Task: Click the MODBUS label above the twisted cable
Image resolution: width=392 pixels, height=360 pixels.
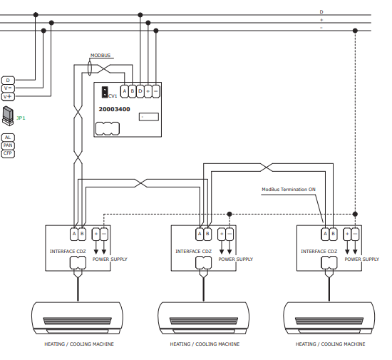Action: (100, 56)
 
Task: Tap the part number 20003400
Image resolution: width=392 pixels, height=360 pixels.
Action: (114, 109)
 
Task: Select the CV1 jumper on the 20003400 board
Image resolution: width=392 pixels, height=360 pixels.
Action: (105, 92)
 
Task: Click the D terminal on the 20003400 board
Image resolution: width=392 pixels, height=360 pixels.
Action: (140, 91)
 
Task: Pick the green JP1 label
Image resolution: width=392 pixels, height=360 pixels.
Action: (21, 118)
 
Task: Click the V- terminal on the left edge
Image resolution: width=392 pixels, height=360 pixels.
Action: (8, 88)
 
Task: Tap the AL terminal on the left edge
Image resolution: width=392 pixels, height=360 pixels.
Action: (8, 138)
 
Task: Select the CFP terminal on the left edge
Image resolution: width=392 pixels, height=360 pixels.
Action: (8, 153)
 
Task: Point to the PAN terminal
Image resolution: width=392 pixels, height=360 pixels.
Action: (8, 145)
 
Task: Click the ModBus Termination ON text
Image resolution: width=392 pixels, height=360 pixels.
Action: (289, 190)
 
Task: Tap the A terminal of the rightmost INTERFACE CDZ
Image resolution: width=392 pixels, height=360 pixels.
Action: (325, 234)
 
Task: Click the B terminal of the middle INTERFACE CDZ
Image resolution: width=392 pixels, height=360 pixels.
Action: (207, 234)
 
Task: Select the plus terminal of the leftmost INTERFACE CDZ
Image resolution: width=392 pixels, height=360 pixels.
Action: (96, 234)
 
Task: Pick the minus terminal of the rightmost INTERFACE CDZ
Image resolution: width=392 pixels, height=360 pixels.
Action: (355, 234)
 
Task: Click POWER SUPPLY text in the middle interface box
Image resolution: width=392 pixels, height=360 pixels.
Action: (236, 259)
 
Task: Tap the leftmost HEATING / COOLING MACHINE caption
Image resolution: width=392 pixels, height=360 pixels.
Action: (79, 344)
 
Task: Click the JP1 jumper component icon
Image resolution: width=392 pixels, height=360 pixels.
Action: (8, 115)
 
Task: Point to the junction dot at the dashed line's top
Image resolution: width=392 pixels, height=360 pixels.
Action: (355, 31)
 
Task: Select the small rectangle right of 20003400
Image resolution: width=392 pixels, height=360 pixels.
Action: (149, 117)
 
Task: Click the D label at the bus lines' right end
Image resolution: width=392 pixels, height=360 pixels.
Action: (321, 11)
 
